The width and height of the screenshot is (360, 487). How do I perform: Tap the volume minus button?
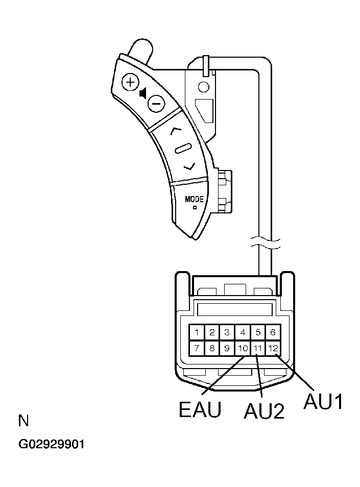155,104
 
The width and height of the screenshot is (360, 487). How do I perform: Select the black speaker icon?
143,93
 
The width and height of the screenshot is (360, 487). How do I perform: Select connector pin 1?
196,332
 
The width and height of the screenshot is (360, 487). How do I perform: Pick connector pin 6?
273,332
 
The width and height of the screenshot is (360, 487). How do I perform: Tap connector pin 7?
196,348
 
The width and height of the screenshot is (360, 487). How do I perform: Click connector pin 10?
243,348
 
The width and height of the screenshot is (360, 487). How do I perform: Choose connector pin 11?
258,348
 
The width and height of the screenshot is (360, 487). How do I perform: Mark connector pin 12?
273,348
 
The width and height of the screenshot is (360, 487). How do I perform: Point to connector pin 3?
227,332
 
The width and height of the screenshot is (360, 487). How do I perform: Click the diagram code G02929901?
52,444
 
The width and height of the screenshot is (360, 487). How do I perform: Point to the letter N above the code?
23,421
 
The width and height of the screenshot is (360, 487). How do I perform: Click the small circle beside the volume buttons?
203,87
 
